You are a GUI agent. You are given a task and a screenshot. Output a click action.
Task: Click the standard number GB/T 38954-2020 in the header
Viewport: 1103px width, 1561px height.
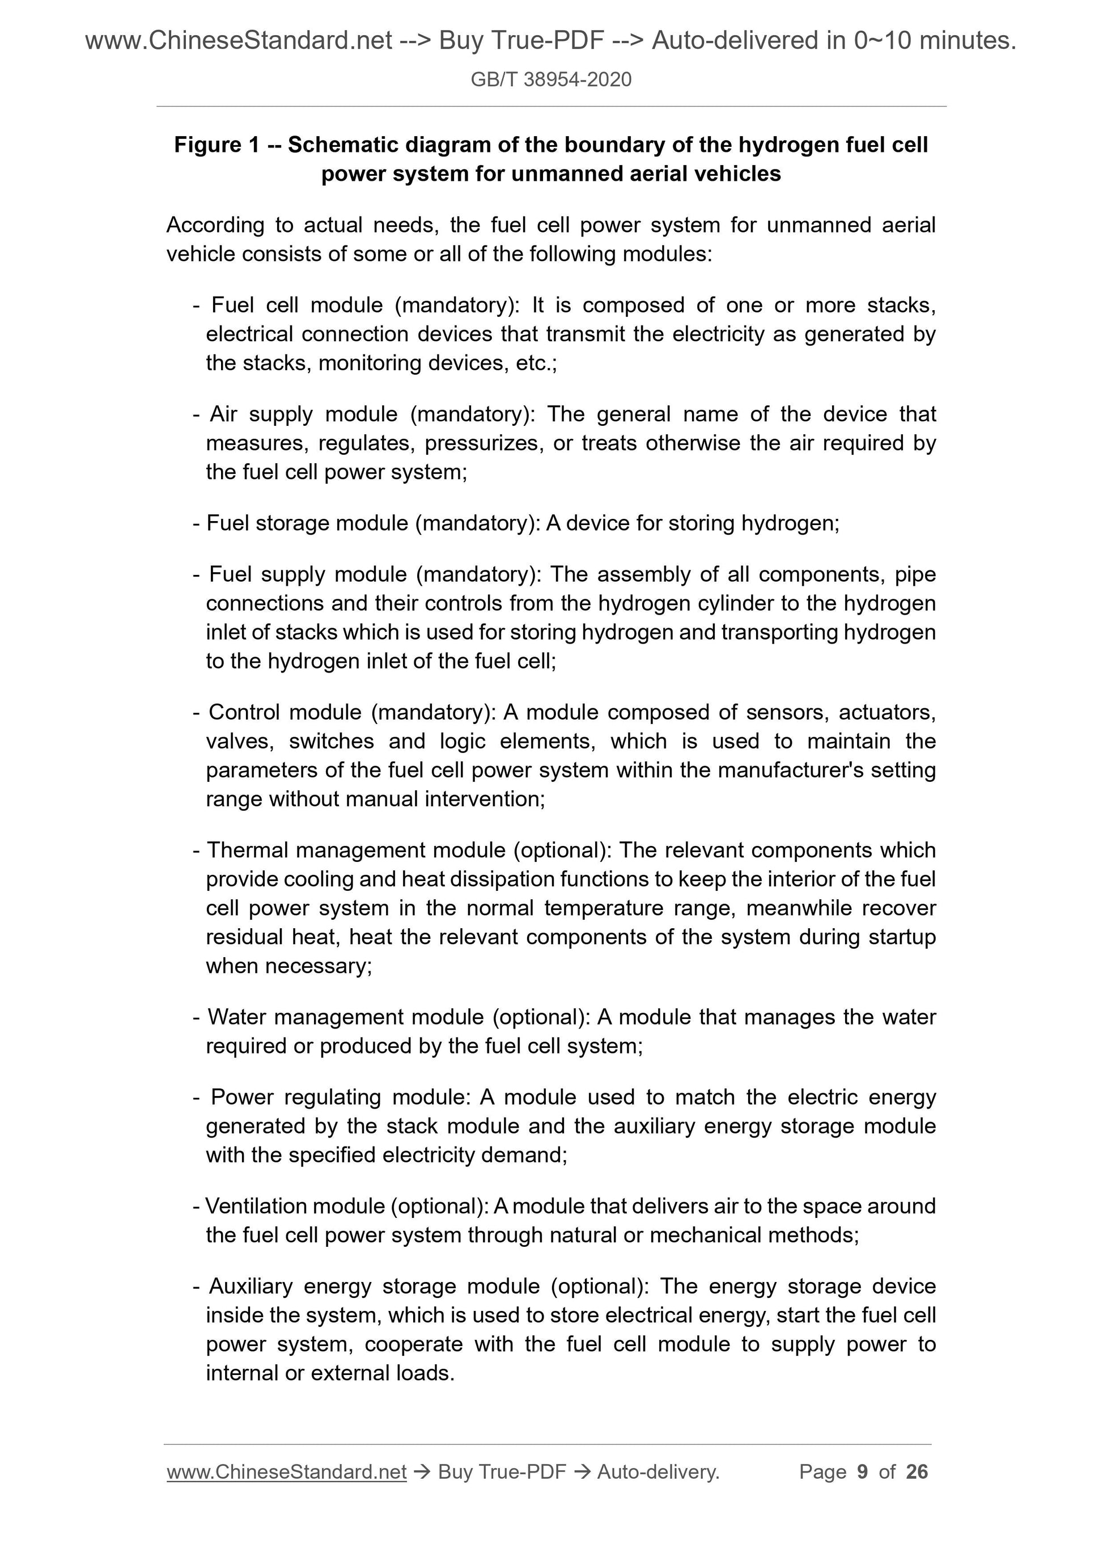point(550,80)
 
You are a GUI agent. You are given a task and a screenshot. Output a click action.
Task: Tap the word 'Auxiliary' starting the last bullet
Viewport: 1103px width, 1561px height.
point(251,1287)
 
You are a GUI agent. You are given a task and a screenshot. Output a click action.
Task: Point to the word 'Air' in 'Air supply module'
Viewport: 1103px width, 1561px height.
point(223,414)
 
